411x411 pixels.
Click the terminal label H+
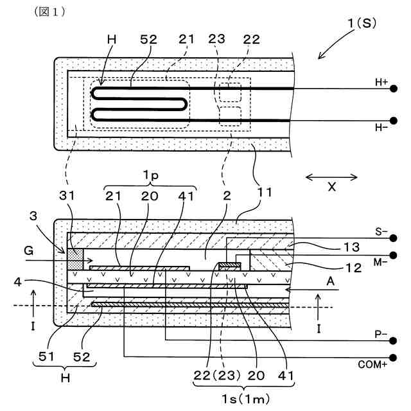pos(381,82)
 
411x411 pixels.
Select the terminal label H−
pos(381,128)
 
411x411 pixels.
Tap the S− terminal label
pos(381,229)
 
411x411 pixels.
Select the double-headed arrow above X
pos(331,177)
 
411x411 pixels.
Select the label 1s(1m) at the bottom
pos(245,398)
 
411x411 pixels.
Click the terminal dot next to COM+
pos(392,358)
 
